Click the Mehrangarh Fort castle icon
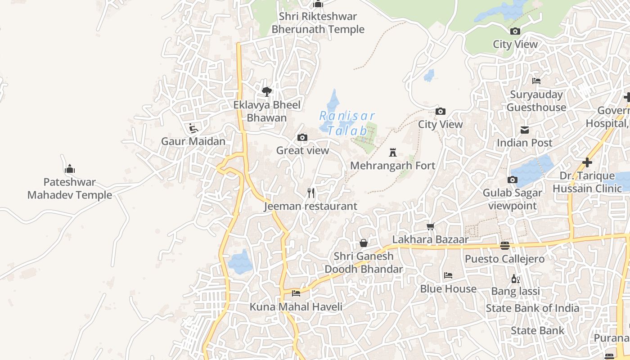[x=393, y=153]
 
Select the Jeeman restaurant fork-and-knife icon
[x=310, y=193]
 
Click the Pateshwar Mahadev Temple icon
[x=70, y=169]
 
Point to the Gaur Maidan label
[x=193, y=141]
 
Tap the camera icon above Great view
[x=302, y=137]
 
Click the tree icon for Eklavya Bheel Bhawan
[x=267, y=92]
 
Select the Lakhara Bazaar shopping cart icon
[x=431, y=226]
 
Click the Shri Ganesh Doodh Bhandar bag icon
[x=364, y=243]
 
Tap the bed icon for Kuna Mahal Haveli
[x=296, y=293]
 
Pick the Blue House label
[x=448, y=289]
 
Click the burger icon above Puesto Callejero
[x=505, y=246]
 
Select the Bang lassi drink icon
[x=515, y=279]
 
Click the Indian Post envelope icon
[x=525, y=130]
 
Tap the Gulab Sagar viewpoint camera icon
[x=512, y=180]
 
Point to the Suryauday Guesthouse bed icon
[x=536, y=81]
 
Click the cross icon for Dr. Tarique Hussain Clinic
[x=587, y=162]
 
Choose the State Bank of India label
[x=532, y=308]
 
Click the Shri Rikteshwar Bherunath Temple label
[x=318, y=23]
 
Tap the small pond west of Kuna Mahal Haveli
[x=240, y=262]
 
